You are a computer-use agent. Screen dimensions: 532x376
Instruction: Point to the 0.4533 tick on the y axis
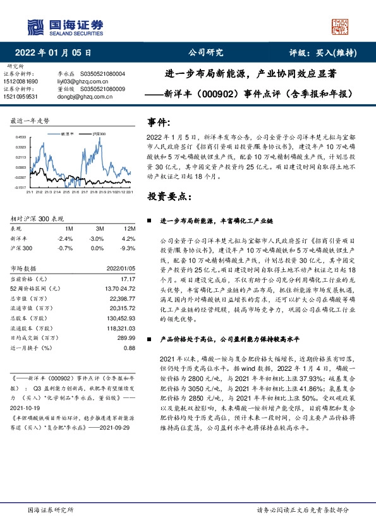point(21,136)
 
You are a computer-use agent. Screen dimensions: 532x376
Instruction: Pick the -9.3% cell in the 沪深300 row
point(129,249)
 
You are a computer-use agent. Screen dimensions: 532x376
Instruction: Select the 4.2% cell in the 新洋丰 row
point(130,239)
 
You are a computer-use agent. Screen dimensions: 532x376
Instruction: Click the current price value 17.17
point(129,278)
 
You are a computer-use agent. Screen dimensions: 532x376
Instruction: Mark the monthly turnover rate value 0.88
point(130,348)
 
